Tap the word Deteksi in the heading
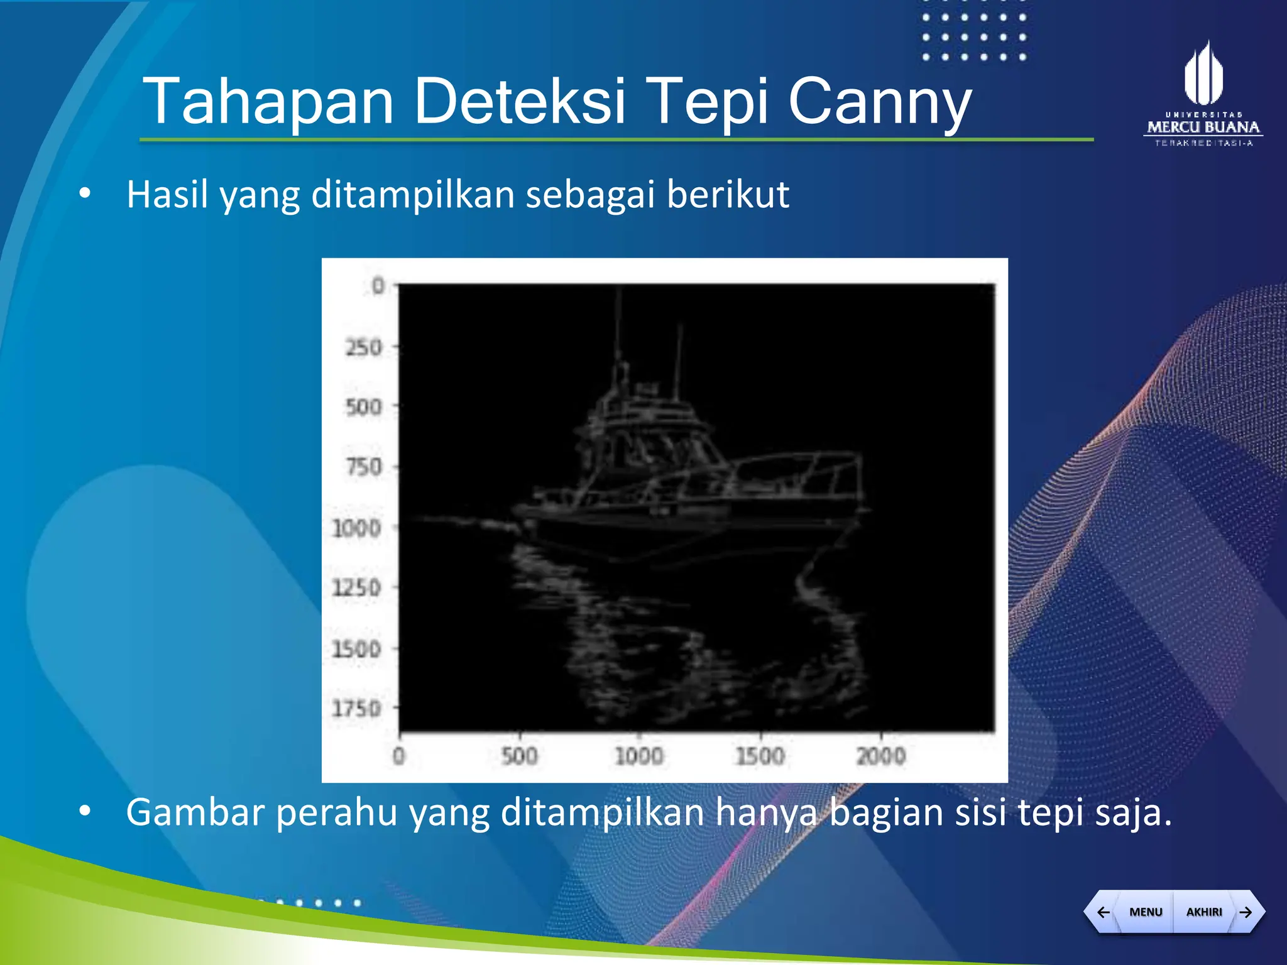click(520, 101)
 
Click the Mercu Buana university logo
click(1203, 94)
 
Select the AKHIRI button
click(1203, 912)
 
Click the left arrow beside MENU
click(1103, 912)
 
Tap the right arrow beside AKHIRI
click(1246, 912)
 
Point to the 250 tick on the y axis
click(363, 347)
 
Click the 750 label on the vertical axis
click(363, 467)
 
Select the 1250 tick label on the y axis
click(356, 588)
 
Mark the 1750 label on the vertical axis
click(356, 709)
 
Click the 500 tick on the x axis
click(520, 756)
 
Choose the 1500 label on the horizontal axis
click(760, 756)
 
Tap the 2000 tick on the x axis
click(881, 756)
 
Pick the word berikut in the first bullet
click(727, 194)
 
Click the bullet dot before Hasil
click(85, 193)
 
